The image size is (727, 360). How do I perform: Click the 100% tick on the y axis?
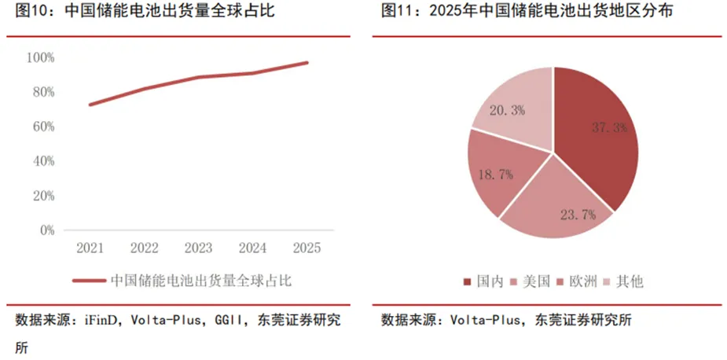(40, 57)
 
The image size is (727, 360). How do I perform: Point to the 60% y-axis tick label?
(42, 127)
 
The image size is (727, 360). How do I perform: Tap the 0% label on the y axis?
(46, 230)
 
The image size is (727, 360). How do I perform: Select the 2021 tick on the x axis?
(90, 248)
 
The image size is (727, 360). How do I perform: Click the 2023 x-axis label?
(199, 248)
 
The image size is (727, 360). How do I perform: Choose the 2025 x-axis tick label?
(307, 248)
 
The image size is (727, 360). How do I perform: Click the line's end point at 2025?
(307, 62)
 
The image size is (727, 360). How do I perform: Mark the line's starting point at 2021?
(90, 105)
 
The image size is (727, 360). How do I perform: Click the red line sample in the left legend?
(88, 280)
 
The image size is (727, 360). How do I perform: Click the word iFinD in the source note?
(97, 320)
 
